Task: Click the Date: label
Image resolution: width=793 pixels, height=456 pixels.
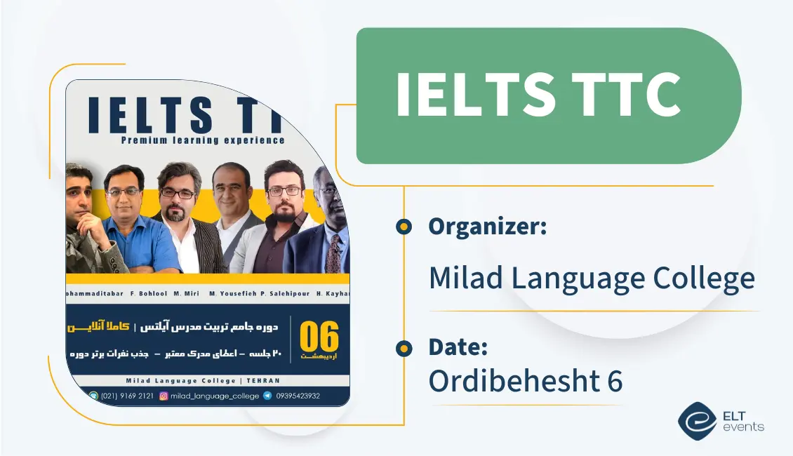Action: point(458,347)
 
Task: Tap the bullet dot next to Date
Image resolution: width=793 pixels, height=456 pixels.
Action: point(404,347)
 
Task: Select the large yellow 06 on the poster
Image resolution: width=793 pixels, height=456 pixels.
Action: point(319,337)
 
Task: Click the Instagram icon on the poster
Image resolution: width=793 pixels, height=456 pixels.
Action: point(164,396)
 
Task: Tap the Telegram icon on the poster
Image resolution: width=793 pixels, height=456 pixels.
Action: point(267,396)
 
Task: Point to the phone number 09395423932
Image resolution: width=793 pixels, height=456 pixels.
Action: point(298,396)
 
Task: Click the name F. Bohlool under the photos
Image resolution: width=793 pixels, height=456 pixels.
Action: point(129,293)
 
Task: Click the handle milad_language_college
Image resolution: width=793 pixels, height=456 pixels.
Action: point(215,396)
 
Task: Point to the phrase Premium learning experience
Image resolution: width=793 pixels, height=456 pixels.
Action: point(203,140)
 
